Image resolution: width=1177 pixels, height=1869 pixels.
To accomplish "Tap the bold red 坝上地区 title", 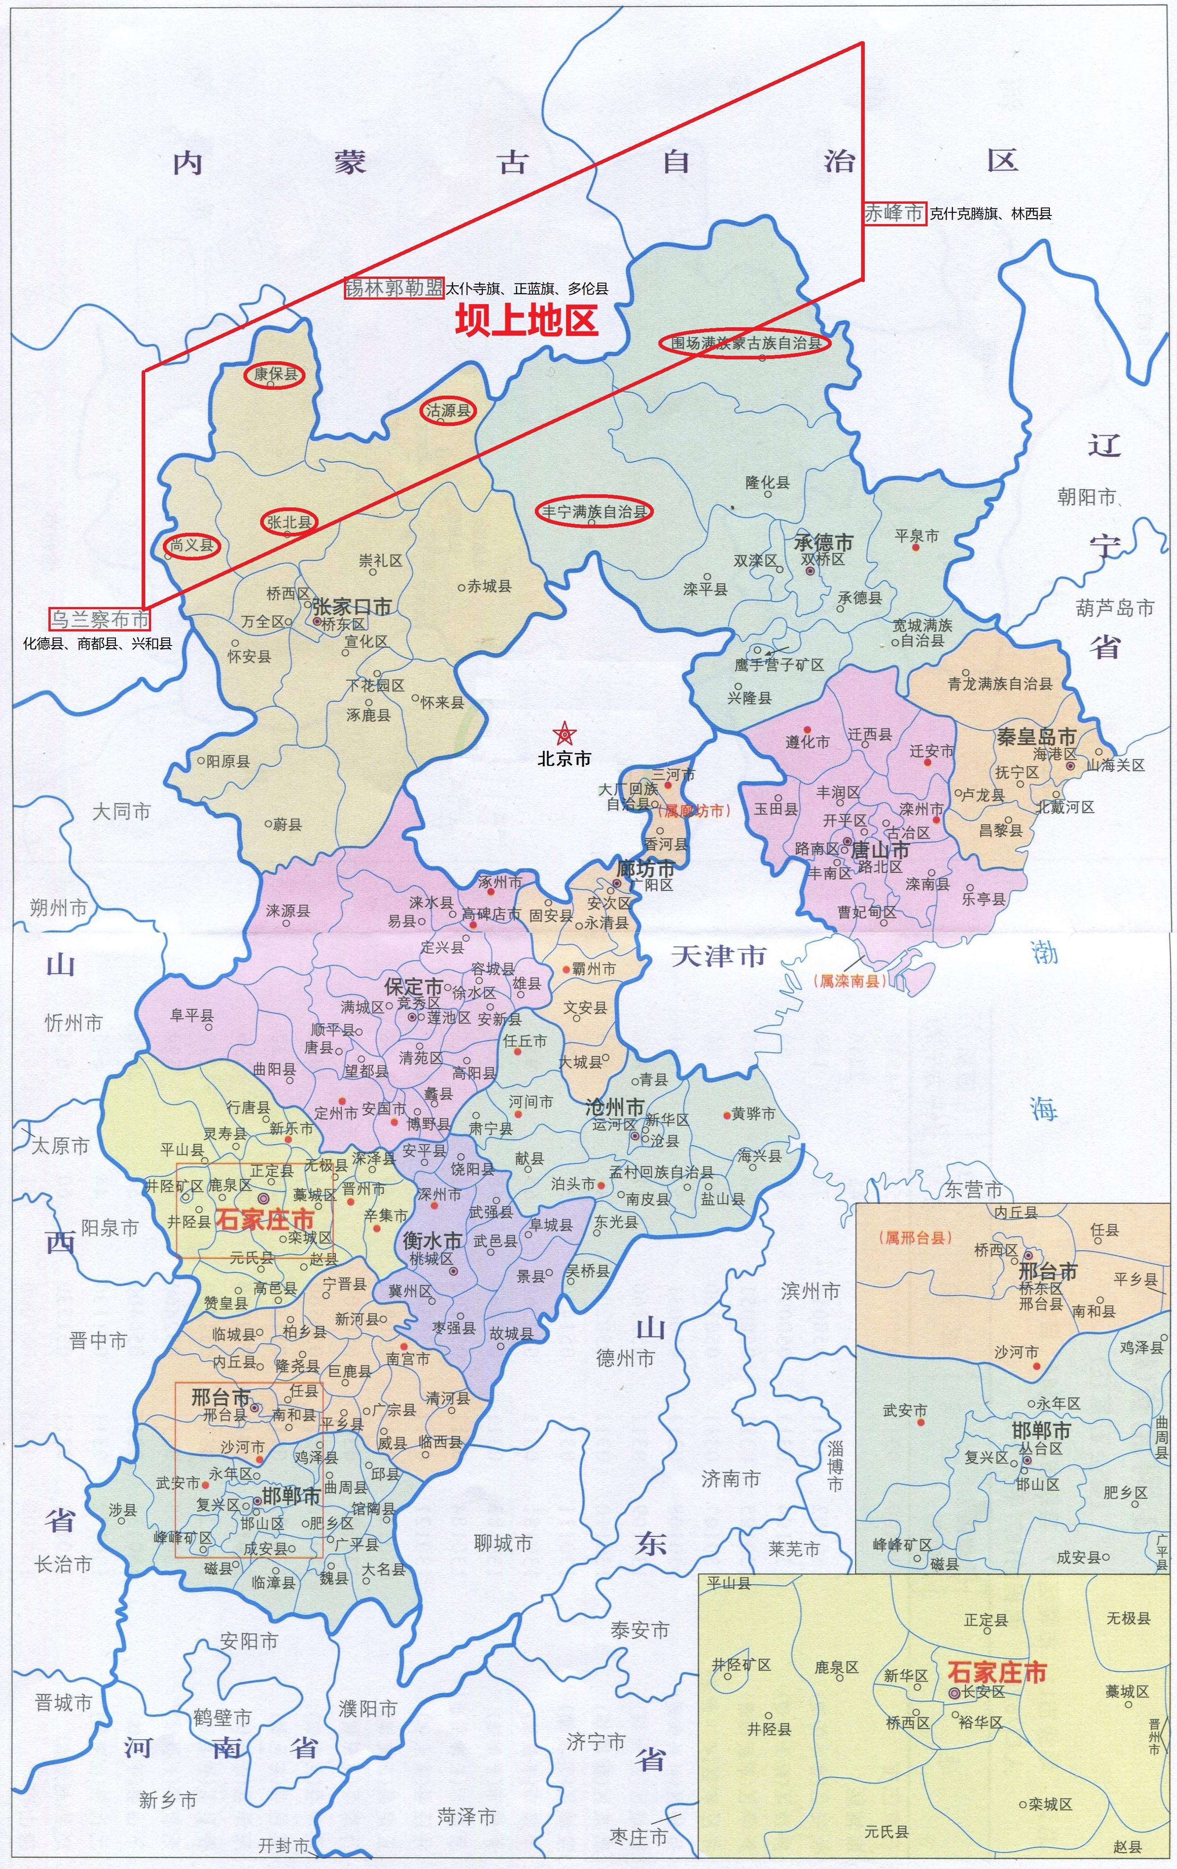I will click(x=527, y=320).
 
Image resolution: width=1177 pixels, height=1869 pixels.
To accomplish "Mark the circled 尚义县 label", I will click(x=191, y=545).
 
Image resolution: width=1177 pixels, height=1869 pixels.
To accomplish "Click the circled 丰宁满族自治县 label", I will click(x=594, y=511).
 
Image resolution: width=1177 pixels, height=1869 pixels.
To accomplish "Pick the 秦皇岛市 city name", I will click(x=1036, y=736).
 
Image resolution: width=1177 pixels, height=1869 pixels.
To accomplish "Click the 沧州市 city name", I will click(x=615, y=1107).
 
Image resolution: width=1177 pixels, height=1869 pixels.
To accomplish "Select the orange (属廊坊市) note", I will click(x=694, y=810).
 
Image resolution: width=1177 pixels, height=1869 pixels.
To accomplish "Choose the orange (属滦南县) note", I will click(x=849, y=981).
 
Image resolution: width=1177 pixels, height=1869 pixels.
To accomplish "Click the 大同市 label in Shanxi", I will click(x=121, y=812).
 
